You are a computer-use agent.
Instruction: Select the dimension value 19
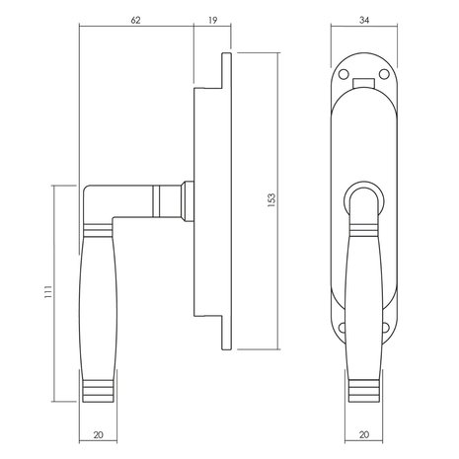coord(213,19)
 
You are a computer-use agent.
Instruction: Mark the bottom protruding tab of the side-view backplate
coord(225,331)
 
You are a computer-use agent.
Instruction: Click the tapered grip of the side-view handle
coord(99,296)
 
